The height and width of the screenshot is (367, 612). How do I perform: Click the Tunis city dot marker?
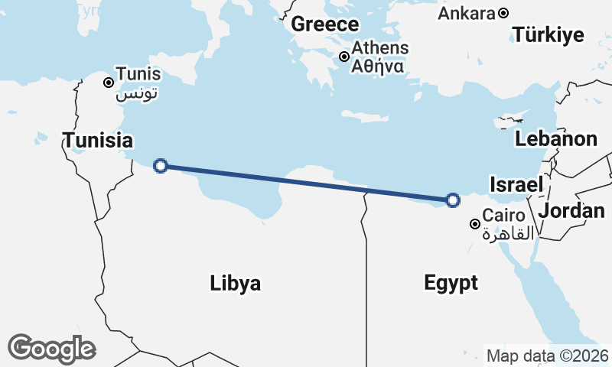click(109, 82)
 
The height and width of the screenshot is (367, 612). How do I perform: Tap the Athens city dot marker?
click(345, 56)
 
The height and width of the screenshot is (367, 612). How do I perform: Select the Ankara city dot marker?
click(503, 13)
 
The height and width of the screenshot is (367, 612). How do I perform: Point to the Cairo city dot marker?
click(475, 224)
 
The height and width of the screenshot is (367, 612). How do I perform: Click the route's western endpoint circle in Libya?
click(161, 165)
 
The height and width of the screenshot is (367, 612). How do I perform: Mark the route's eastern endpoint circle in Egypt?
click(453, 200)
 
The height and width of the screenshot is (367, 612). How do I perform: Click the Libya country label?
click(236, 284)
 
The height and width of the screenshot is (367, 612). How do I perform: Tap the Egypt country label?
click(451, 283)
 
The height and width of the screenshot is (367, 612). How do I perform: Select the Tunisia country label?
click(98, 141)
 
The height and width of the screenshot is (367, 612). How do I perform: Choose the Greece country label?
click(325, 24)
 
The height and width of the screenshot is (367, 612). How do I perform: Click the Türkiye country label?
click(549, 35)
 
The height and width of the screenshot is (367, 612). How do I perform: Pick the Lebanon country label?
click(556, 139)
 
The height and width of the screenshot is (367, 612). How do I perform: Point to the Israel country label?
click(516, 184)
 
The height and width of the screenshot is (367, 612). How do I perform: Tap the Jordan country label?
click(571, 210)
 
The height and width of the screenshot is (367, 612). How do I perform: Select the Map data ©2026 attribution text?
click(547, 356)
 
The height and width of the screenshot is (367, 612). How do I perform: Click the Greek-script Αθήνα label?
click(377, 66)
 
